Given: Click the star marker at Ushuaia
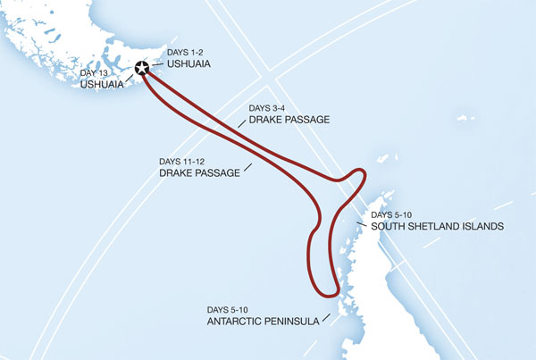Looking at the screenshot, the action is [x=141, y=68].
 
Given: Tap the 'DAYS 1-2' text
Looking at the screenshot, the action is [x=184, y=54].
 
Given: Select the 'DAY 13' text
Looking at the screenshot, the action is [x=97, y=71].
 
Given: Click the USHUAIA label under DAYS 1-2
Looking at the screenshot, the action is [x=191, y=65].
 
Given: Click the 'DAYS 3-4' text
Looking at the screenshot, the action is [x=266, y=106].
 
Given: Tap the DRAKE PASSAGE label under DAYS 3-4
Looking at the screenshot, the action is [x=289, y=118].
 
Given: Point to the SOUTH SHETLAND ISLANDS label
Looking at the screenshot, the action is [x=437, y=227].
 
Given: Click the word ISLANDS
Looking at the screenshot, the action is [x=483, y=227].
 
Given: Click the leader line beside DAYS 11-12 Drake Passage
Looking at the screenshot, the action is [x=247, y=167].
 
